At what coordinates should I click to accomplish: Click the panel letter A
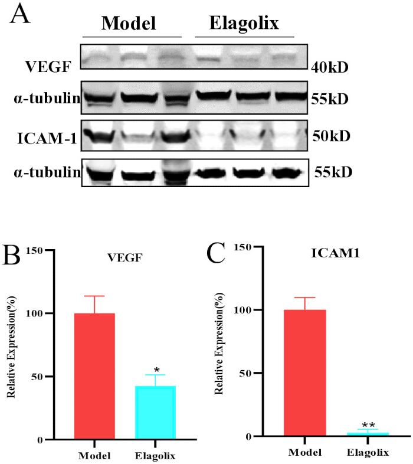(20, 14)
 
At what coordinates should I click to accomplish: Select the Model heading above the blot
(129, 23)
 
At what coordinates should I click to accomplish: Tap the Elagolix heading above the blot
(244, 23)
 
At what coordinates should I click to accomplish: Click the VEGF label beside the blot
(48, 67)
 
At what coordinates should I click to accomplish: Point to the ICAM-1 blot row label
(47, 138)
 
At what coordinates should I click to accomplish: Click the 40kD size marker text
(330, 67)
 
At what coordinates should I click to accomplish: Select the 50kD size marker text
(332, 136)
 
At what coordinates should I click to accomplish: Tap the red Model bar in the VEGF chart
(94, 376)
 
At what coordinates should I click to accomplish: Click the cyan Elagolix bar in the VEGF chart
(155, 413)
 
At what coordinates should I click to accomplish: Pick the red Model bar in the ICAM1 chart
(305, 373)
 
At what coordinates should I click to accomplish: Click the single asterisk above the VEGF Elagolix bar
(156, 370)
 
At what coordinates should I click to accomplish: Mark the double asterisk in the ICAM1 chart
(368, 425)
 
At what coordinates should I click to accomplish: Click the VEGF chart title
(125, 258)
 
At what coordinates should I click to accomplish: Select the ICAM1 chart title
(336, 253)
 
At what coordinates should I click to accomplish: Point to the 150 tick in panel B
(34, 251)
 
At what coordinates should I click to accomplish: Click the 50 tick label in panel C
(245, 373)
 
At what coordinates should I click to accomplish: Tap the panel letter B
(11, 255)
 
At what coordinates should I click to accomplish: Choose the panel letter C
(216, 253)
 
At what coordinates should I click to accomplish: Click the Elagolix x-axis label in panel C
(368, 452)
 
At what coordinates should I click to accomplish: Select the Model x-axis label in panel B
(94, 456)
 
